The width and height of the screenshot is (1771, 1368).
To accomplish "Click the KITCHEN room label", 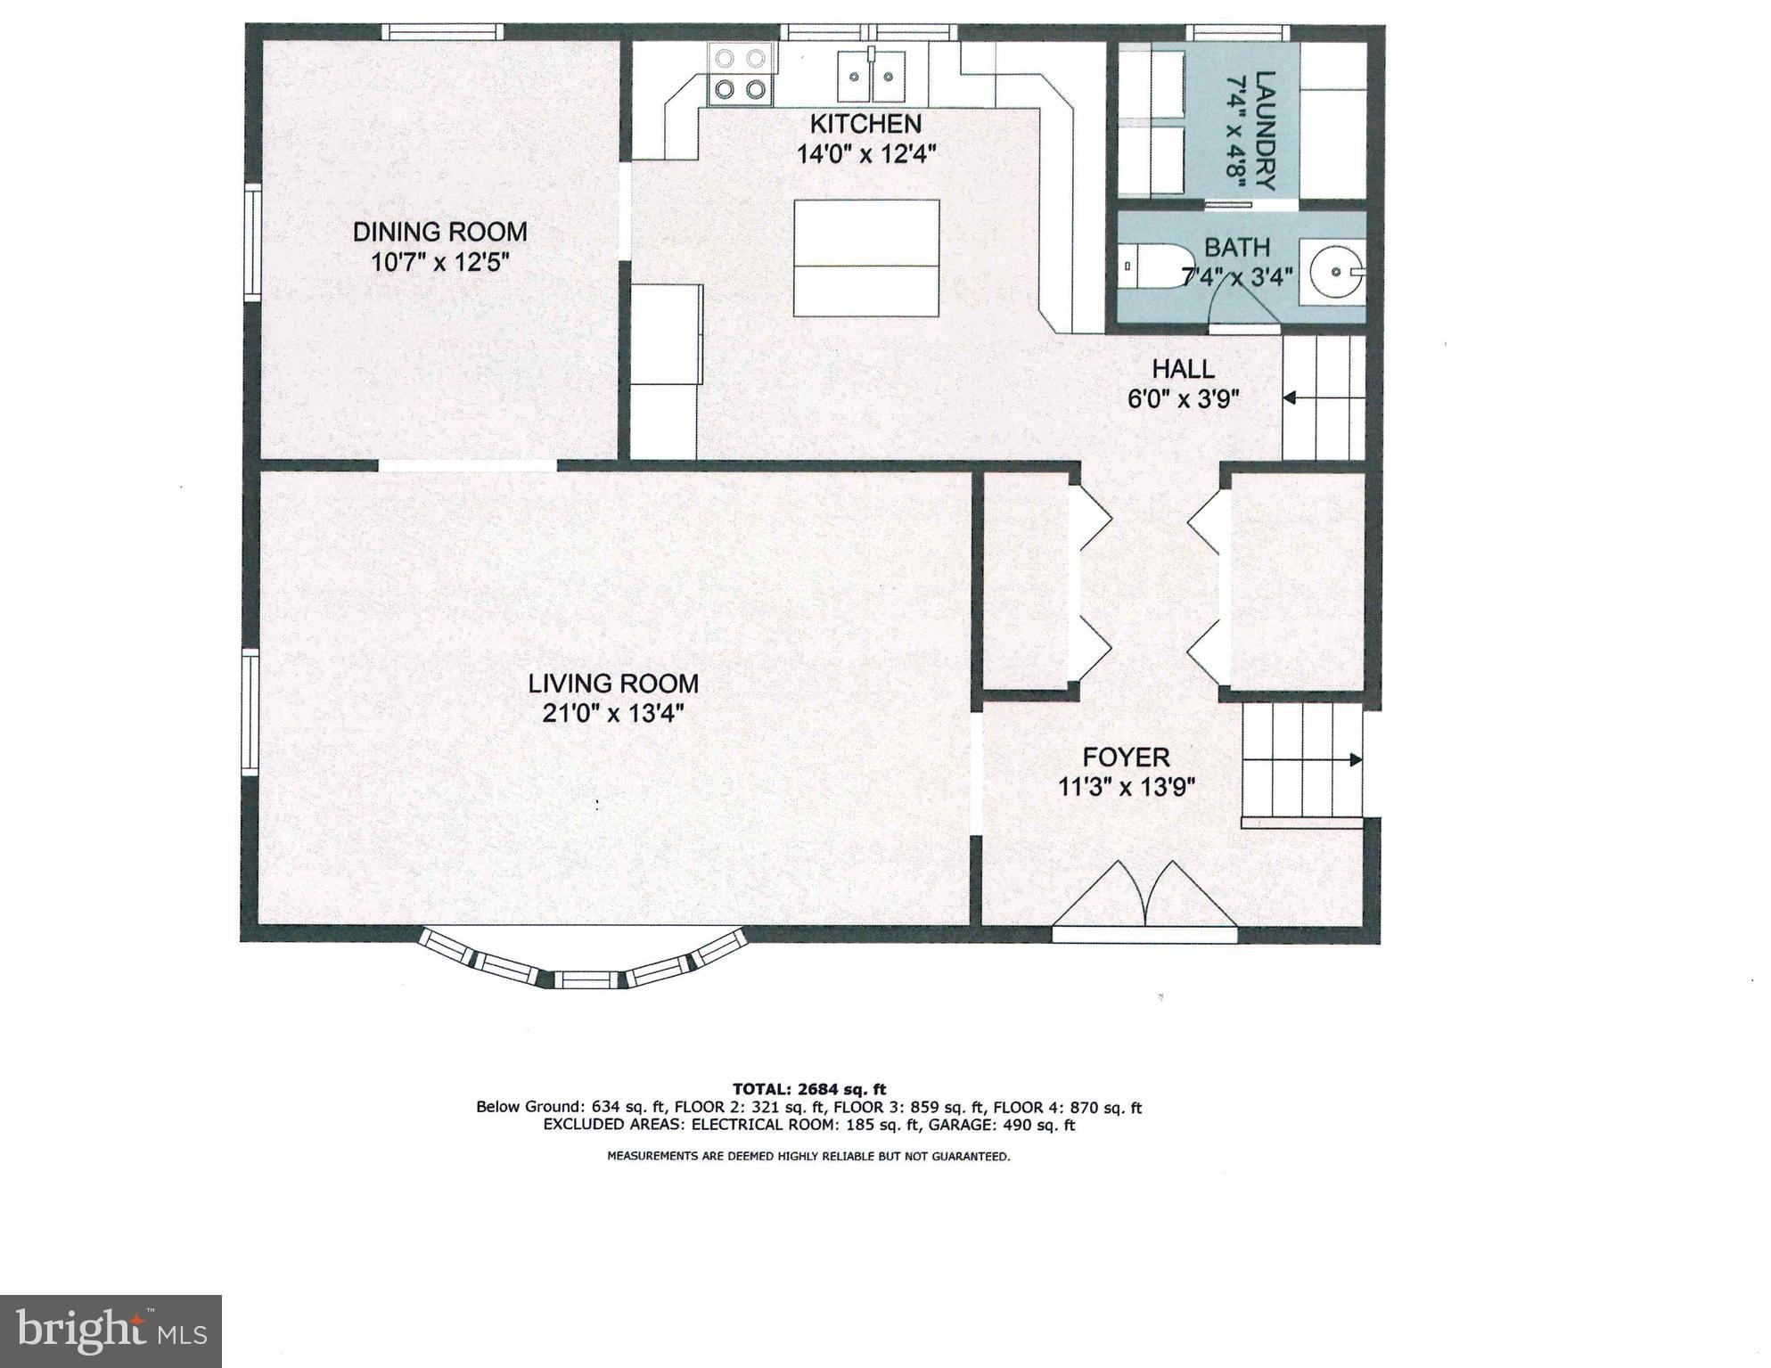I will (865, 123).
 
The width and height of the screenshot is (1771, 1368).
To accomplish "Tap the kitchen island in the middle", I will (866, 258).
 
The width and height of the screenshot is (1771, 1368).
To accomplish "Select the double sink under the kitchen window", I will (871, 77).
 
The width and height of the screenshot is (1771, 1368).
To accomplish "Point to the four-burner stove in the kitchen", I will (740, 74).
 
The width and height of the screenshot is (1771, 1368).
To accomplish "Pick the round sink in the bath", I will (1334, 266).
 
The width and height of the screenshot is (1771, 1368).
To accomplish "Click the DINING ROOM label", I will (439, 232).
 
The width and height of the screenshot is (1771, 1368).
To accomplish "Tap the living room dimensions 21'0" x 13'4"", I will (613, 714).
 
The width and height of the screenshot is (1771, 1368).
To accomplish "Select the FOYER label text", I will (1126, 758).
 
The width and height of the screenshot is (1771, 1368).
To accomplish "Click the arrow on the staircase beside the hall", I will (1291, 398).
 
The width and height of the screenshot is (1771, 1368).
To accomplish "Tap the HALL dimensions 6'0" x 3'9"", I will (1184, 398).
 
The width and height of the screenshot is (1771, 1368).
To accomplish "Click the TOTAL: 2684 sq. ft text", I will (808, 1088).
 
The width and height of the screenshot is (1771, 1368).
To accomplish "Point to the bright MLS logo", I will (111, 1331).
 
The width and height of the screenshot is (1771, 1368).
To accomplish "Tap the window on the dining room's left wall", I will (253, 242).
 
